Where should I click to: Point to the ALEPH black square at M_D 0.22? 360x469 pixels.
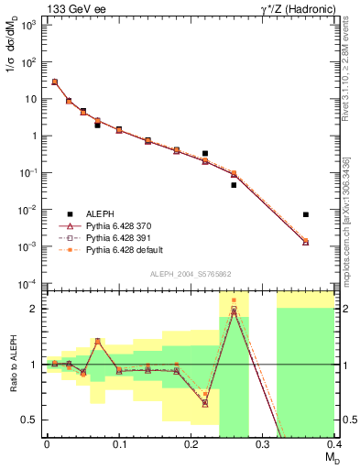coord(205,153)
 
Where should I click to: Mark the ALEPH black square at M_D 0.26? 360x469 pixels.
coord(234,185)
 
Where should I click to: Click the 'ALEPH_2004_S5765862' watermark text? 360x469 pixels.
coord(191,274)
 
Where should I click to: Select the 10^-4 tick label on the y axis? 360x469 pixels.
coord(27,283)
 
